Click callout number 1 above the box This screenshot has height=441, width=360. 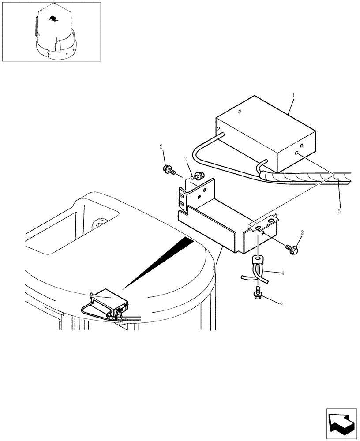(293, 95)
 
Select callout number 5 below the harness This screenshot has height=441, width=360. (339, 211)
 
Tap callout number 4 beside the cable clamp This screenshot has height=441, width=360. (283, 273)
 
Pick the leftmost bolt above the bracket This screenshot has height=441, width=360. (169, 168)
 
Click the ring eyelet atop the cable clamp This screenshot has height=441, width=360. (256, 260)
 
